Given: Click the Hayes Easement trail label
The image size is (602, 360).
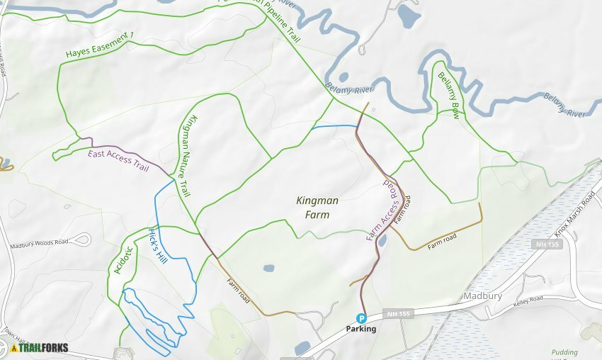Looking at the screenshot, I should [98, 45].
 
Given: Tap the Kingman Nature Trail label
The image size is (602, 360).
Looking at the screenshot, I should [186, 156].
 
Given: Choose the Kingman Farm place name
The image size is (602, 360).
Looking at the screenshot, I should [317, 206].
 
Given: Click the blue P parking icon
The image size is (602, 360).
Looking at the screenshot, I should [361, 319].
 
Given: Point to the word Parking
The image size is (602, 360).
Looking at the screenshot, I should [361, 330].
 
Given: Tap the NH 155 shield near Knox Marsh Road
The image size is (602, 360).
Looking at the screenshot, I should [542, 244].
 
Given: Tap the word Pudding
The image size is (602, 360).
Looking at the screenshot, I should [564, 352].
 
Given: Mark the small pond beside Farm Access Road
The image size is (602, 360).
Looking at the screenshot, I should [382, 241].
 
